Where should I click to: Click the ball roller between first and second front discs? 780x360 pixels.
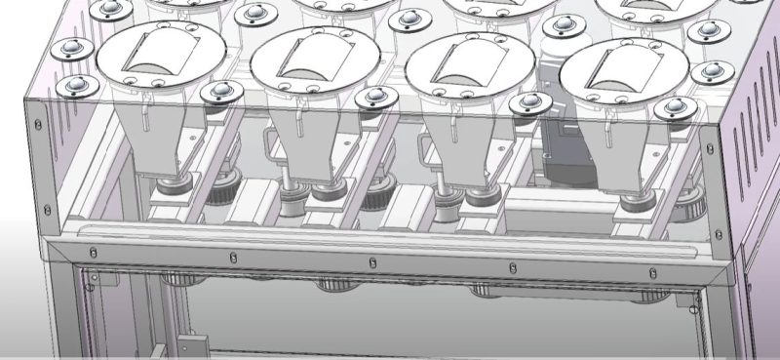tap(218, 93)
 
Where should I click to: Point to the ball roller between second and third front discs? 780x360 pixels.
tap(372, 98)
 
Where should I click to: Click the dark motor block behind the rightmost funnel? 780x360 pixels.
tap(565, 146)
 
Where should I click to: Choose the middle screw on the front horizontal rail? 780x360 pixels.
tap(371, 260)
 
